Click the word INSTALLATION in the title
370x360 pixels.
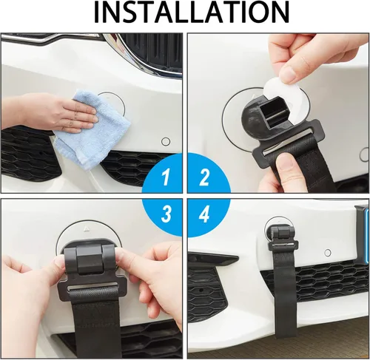[x=192, y=13]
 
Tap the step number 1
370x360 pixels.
[x=166, y=177]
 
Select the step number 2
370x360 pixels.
[x=204, y=177]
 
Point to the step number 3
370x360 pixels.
[x=166, y=214]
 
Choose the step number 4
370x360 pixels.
[x=204, y=214]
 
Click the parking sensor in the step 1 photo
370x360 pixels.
[x=166, y=142]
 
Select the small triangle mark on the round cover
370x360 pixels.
[x=87, y=229]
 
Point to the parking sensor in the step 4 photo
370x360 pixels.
[x=328, y=253]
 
